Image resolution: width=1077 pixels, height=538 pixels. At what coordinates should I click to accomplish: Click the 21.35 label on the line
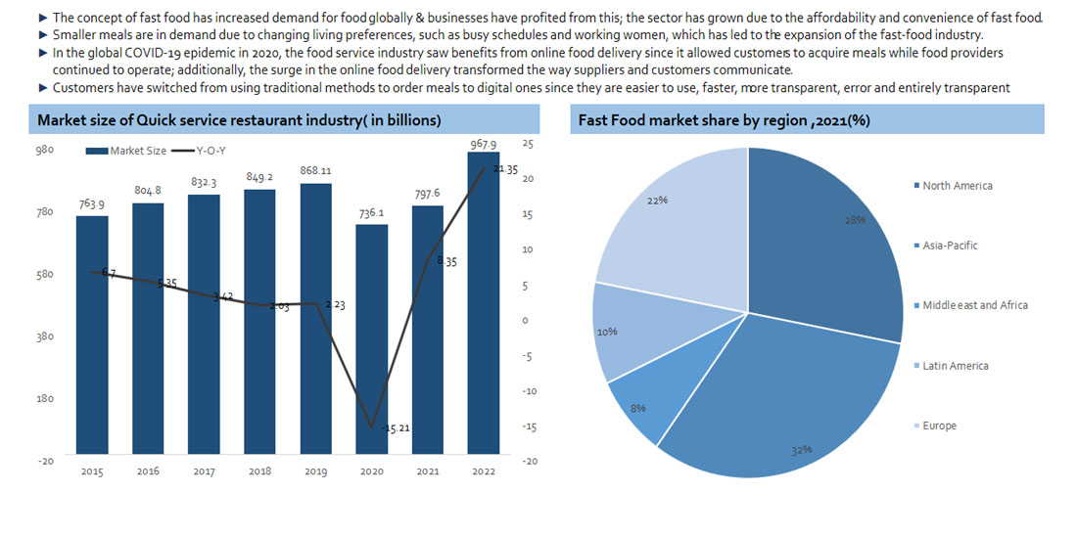(x=505, y=169)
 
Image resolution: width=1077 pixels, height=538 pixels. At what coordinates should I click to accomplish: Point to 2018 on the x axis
(x=259, y=471)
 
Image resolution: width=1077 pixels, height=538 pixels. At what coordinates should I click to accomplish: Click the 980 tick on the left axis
(x=45, y=150)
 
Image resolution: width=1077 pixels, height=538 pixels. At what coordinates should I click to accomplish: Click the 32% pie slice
(x=783, y=401)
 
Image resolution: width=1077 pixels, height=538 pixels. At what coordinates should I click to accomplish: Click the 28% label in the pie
(x=856, y=220)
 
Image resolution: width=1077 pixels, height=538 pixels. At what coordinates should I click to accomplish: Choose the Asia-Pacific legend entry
(x=949, y=246)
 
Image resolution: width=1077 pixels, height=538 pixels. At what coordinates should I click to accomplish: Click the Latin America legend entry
(x=955, y=366)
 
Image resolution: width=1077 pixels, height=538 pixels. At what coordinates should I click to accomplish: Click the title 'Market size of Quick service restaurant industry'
(x=238, y=120)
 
